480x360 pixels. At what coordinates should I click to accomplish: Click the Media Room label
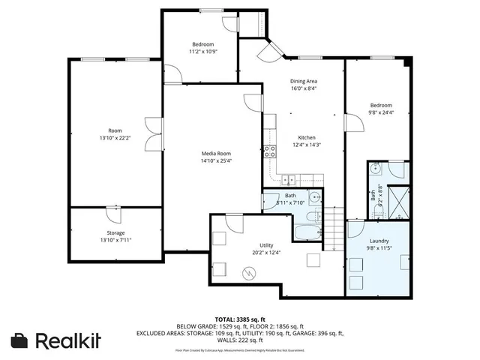(216, 152)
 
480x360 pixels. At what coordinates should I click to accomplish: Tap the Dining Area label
(304, 81)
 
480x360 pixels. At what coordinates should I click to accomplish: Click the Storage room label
(115, 233)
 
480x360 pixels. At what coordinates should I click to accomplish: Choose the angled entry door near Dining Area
(268, 50)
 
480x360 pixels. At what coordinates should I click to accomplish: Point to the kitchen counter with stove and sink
(300, 178)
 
